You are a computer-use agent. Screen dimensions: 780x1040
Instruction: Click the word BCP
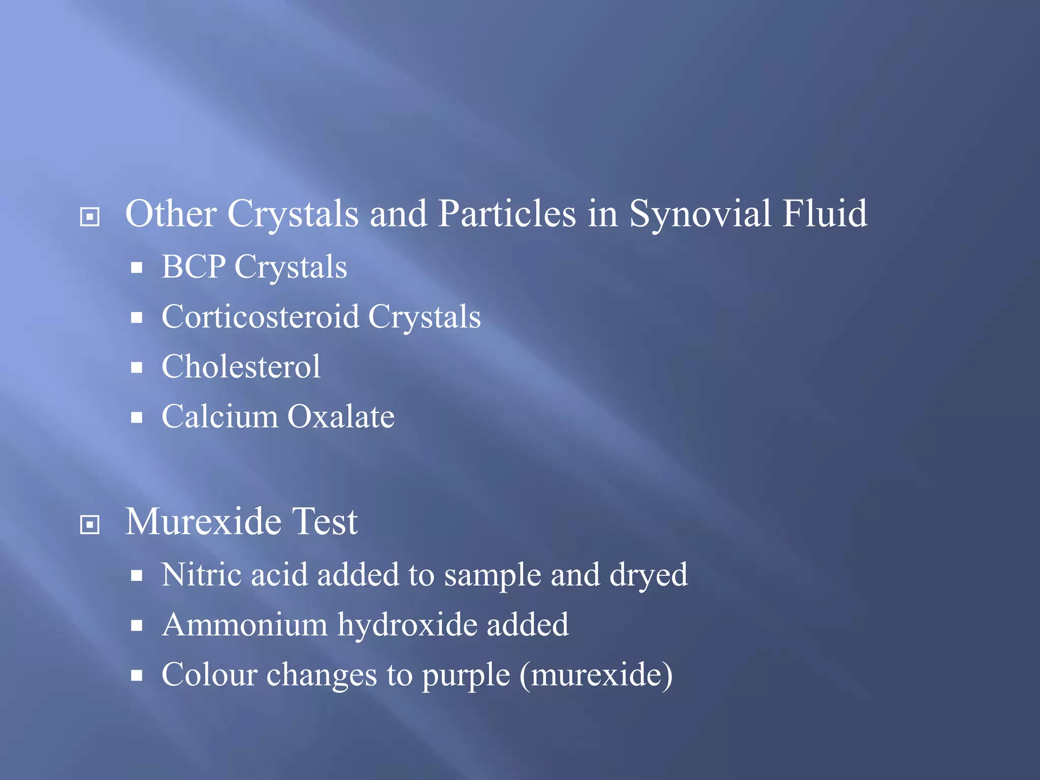tap(193, 267)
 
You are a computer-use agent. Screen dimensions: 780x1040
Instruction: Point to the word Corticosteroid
tap(260, 317)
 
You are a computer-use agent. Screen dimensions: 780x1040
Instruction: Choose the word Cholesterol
tap(241, 367)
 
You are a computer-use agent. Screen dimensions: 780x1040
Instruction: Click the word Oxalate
tap(341, 417)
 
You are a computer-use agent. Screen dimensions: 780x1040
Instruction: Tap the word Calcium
tap(219, 417)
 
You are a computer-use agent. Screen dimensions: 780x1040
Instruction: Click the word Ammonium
tap(245, 625)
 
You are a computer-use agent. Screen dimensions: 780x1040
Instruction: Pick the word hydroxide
tap(407, 625)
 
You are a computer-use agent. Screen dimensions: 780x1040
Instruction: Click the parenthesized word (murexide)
tap(596, 675)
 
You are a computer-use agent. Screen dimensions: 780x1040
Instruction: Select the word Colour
tap(209, 675)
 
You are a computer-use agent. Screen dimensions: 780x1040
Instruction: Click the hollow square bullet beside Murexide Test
tap(90, 525)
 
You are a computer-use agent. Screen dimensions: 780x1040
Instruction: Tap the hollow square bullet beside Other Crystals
tap(90, 217)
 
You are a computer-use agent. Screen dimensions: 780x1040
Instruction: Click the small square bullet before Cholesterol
tap(136, 368)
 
